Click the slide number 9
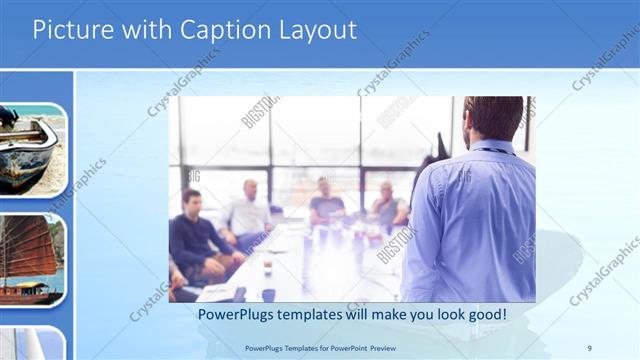pyautogui.click(x=589, y=347)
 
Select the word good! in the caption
pyautogui.click(x=483, y=314)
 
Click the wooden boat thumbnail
pyautogui.click(x=30, y=150)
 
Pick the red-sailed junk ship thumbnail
pyautogui.click(x=30, y=260)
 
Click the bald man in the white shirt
pyautogui.click(x=248, y=210)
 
